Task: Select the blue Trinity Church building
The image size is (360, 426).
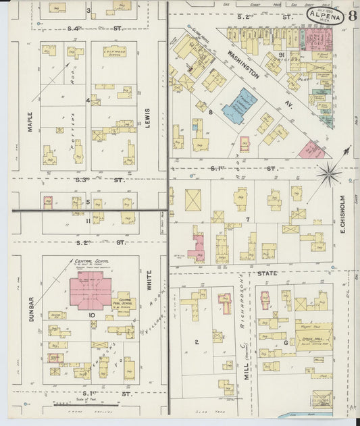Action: pos(239,105)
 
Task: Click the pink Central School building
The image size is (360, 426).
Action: pos(90,291)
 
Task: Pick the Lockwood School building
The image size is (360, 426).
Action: pos(114,52)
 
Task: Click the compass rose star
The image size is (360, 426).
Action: pos(329,174)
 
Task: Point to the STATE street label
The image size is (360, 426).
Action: pos(268,273)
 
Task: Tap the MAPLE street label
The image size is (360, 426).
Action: pos(30,121)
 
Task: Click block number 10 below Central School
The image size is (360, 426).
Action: pos(91,315)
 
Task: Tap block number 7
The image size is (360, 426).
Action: pos(249,219)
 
